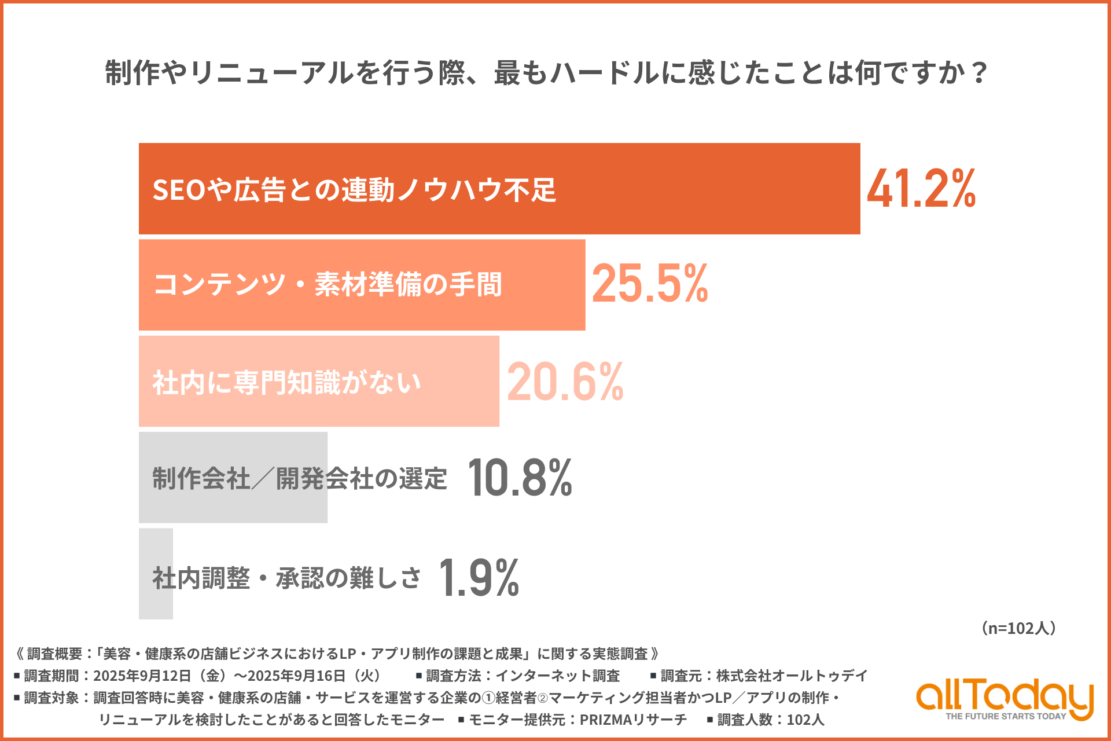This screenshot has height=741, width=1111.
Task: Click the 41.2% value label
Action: coord(921,189)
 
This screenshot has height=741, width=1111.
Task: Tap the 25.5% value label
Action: coord(650,284)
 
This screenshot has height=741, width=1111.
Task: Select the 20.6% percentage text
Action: coord(565,381)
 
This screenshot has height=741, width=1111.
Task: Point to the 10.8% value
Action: coord(520,478)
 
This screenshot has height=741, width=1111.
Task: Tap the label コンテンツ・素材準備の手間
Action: coord(328,285)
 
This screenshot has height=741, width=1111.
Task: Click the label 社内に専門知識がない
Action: coord(287,383)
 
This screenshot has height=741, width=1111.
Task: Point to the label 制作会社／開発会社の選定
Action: coord(300,479)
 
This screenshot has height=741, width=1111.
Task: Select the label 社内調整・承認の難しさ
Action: coord(287,578)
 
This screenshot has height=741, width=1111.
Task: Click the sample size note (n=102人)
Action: coord(1018,628)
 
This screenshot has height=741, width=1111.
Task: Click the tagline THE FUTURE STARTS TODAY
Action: coord(1006,717)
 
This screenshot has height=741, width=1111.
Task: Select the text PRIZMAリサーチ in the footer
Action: coord(633,720)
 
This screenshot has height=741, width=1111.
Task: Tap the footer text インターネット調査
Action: coord(558,676)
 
